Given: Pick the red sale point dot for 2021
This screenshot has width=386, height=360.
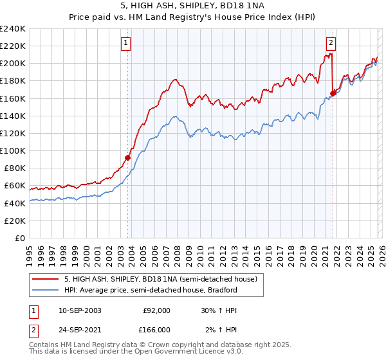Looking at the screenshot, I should click(x=333, y=93).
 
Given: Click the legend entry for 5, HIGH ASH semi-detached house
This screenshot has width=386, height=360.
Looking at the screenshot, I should click(x=160, y=279).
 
